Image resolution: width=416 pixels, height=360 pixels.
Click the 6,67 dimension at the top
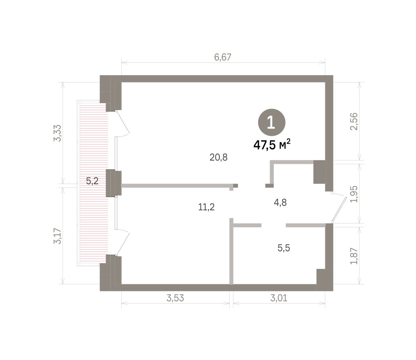(223, 57)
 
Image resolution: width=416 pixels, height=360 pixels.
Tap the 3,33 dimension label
(57, 133)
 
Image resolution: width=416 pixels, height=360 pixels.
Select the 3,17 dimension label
(57, 236)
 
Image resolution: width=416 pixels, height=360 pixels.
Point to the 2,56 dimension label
(354, 122)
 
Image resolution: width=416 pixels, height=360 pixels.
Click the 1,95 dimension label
(354, 194)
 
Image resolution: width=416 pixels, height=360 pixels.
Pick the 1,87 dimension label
(354, 256)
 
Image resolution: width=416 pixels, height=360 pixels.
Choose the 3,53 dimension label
(175, 298)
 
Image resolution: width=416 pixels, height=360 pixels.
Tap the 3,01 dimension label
(279, 298)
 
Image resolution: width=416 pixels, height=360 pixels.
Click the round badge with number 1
(272, 122)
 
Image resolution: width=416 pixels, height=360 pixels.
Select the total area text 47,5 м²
(272, 144)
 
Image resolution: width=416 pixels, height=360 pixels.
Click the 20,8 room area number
(218, 157)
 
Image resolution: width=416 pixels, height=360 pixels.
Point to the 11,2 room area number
(206, 207)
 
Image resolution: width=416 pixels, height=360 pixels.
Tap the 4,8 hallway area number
(280, 203)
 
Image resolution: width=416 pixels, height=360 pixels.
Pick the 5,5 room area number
(284, 248)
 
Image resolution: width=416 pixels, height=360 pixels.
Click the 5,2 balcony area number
(92, 181)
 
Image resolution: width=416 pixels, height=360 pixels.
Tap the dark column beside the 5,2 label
(114, 183)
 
